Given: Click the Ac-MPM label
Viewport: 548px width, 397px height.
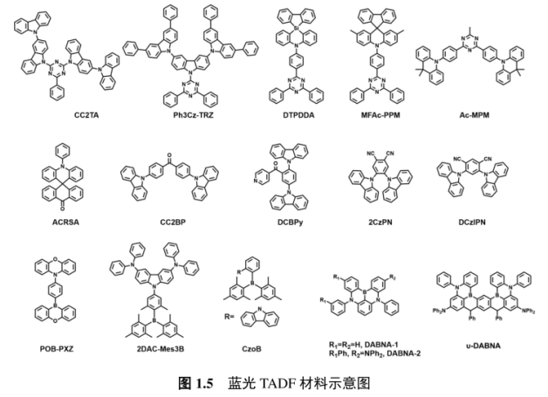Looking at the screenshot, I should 472,114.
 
